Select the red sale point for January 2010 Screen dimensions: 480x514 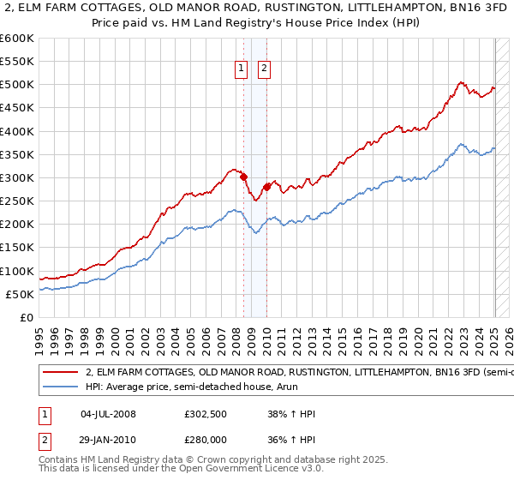click(266, 187)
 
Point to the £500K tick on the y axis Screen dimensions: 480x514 click(17, 85)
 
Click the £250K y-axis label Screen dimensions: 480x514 click(17, 201)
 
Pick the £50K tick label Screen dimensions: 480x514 click(21, 294)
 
